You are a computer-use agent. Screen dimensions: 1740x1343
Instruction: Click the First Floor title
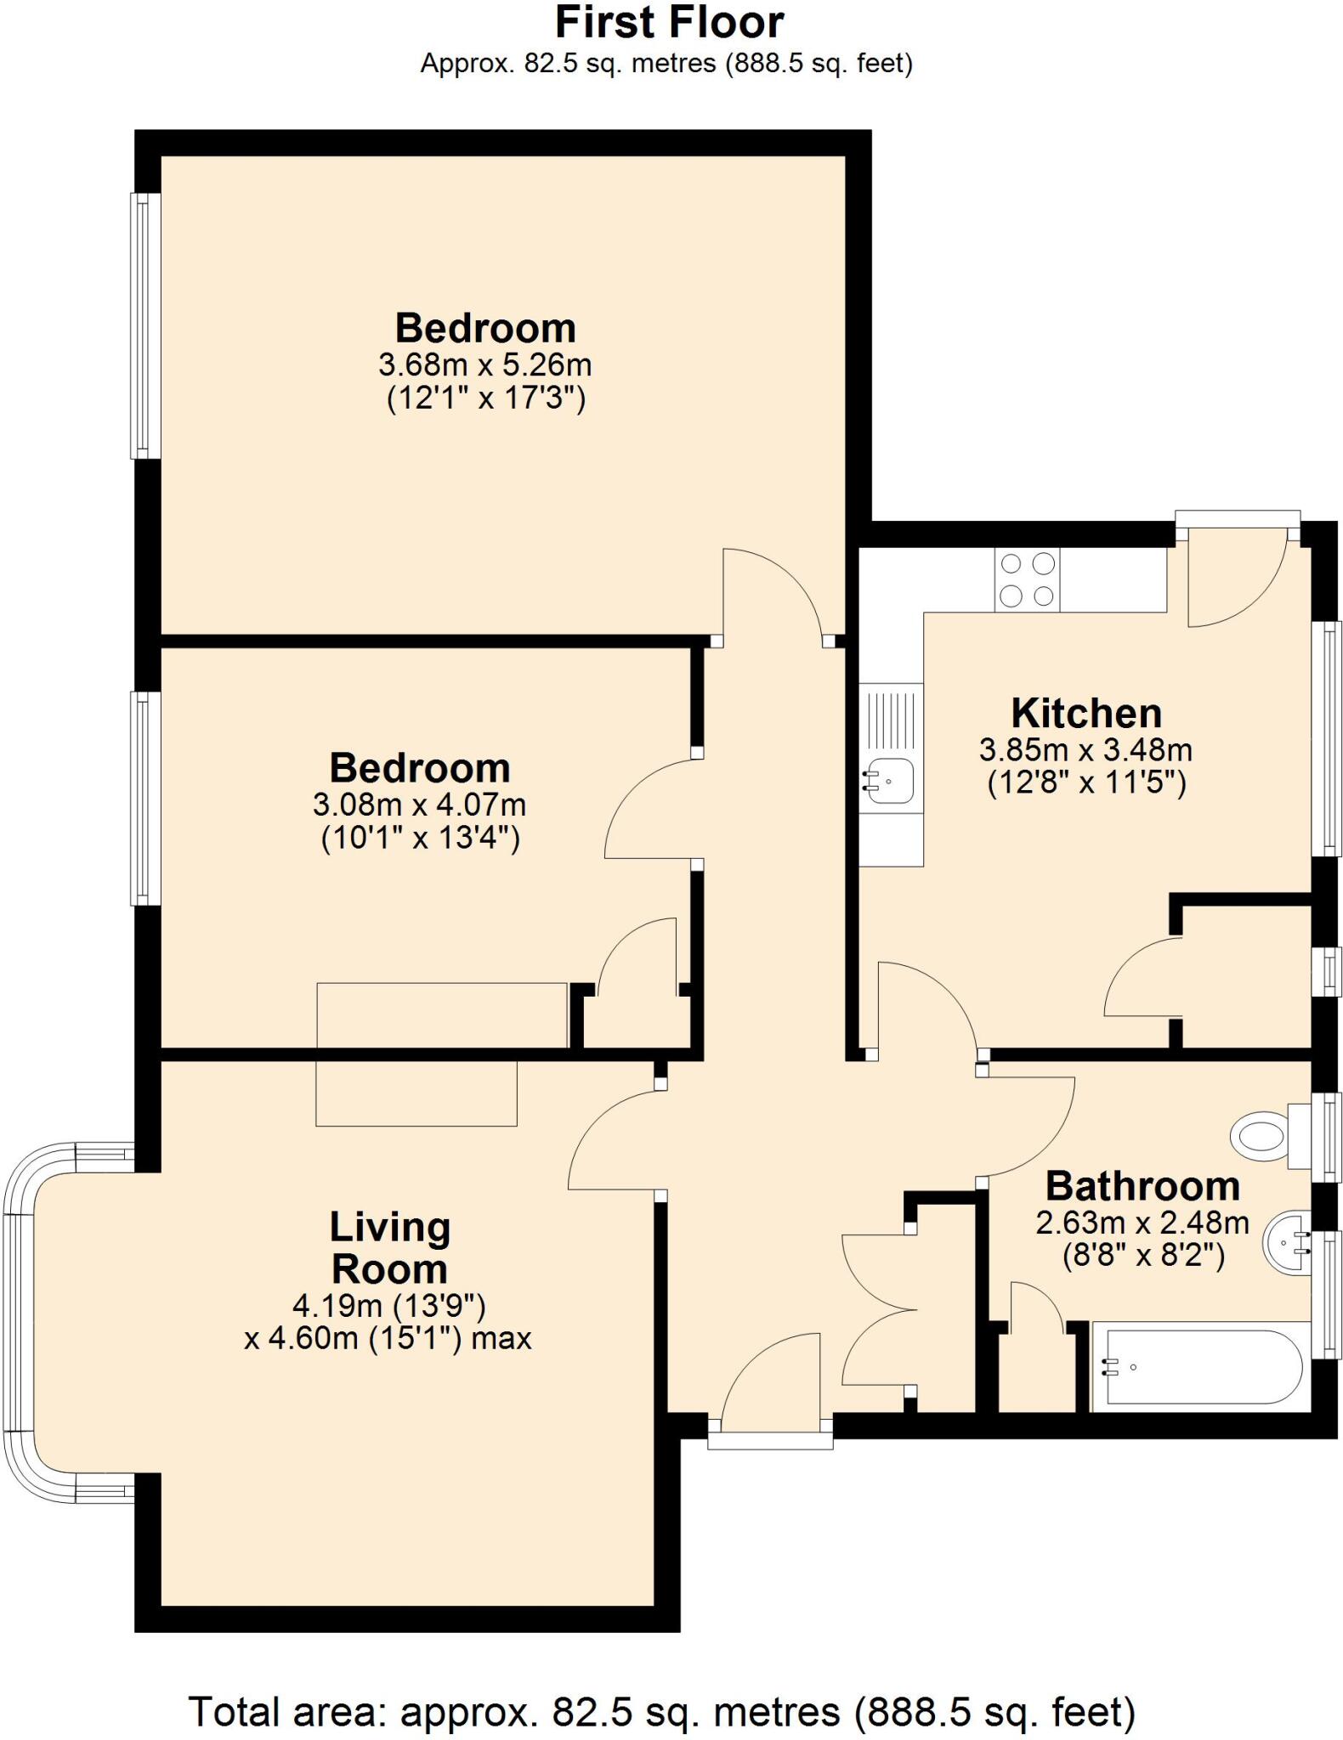[x=669, y=23]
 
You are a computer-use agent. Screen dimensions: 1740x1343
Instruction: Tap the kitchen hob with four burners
[x=1027, y=579]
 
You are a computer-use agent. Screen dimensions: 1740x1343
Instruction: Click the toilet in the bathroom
[x=1260, y=1134]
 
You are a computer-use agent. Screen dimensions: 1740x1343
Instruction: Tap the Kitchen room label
[x=1085, y=713]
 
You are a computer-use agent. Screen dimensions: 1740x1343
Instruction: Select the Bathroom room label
[x=1142, y=1185]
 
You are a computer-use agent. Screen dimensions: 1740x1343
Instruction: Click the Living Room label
[x=389, y=1248]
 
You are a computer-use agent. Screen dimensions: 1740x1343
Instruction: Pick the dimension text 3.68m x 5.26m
[x=484, y=365]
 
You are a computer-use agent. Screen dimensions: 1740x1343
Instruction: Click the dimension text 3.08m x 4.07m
[x=419, y=804]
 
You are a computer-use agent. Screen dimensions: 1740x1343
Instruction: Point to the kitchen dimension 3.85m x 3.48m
[x=1085, y=750]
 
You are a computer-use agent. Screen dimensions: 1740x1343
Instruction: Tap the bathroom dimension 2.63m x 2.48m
[x=1142, y=1223]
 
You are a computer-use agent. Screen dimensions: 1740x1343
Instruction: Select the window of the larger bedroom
[x=145, y=325]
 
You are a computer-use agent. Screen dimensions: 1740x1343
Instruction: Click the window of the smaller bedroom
[x=145, y=798]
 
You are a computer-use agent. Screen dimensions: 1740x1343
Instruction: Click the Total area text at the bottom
[x=661, y=1711]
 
